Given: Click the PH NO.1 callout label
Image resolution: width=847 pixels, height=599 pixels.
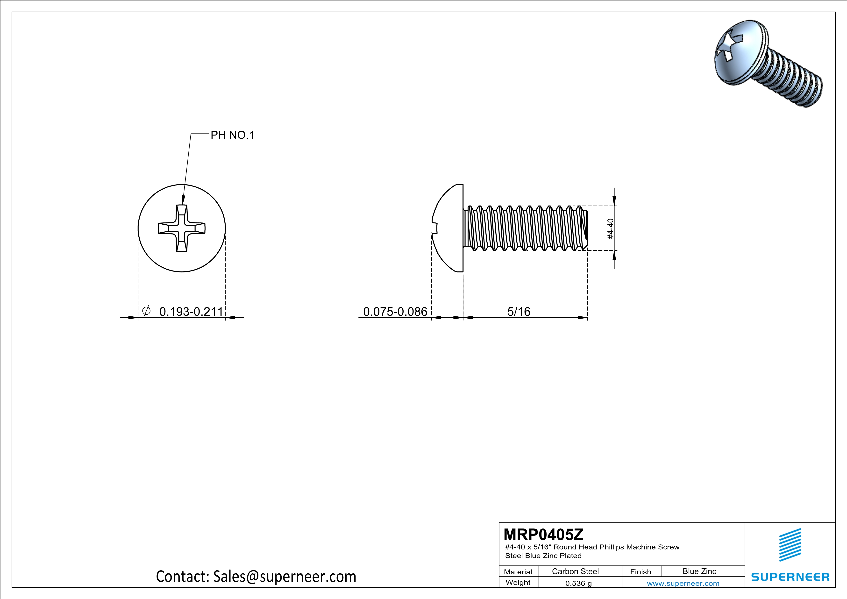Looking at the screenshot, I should click(x=232, y=135).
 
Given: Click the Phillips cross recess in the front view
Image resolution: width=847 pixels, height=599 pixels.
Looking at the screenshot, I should click(x=182, y=228).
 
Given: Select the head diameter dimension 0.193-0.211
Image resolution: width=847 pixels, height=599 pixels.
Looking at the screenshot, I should click(x=191, y=312).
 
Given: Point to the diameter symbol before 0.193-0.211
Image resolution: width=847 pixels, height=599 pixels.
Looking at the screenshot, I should click(x=146, y=311).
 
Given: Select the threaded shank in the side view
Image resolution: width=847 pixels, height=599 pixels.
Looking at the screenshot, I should click(x=526, y=228).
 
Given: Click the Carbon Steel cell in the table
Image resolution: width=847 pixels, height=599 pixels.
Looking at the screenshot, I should click(x=575, y=571).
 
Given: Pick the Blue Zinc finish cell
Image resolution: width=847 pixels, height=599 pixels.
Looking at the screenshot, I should click(x=699, y=571).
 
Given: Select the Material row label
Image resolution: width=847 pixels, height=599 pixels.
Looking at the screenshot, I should click(x=518, y=572).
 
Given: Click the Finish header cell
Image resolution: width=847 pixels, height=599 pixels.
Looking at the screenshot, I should click(x=641, y=572).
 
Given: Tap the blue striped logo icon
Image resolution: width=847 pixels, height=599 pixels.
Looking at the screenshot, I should click(x=790, y=545).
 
